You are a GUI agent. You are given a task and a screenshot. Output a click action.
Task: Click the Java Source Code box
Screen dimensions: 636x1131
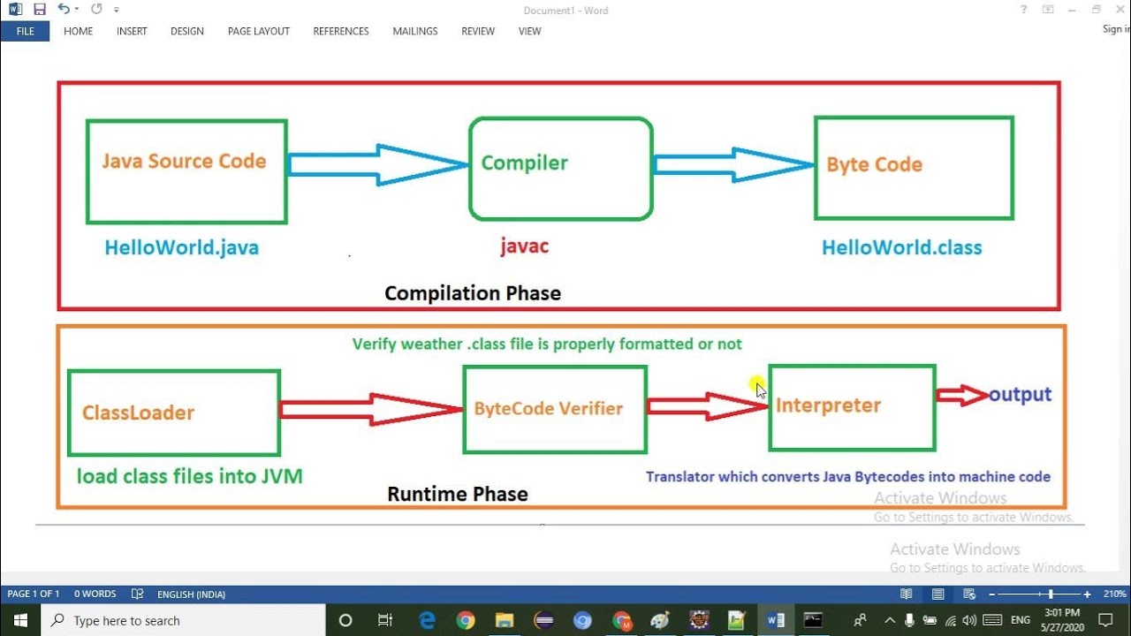point(186,171)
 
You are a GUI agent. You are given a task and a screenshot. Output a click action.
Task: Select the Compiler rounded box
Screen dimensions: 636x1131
point(560,169)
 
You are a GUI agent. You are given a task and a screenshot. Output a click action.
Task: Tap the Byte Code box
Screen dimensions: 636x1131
point(914,168)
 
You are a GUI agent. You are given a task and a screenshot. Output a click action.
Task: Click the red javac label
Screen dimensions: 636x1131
point(524,246)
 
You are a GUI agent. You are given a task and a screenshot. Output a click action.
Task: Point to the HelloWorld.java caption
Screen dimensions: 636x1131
point(181,248)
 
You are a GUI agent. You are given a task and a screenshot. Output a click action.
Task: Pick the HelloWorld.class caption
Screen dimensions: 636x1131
point(901,248)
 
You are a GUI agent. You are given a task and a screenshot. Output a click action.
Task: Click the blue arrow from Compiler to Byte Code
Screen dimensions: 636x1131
point(732,165)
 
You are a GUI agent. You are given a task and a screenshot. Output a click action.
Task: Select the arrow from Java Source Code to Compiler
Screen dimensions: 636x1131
point(377,164)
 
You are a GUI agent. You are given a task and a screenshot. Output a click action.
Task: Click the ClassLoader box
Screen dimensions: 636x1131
point(174,413)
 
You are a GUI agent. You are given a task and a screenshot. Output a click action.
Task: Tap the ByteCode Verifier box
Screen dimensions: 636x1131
point(554,409)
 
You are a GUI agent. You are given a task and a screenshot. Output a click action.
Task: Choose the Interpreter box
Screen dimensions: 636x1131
point(852,407)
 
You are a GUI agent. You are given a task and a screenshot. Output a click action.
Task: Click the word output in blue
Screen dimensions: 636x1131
point(1020,395)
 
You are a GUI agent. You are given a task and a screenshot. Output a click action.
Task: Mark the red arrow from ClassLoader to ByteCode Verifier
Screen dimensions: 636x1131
point(370,409)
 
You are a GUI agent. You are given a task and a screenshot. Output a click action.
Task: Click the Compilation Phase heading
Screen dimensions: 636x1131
point(473,293)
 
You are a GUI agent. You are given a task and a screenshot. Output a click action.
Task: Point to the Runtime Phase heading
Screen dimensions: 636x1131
point(458,495)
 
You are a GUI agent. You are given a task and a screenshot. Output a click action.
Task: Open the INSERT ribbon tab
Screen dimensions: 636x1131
point(132,31)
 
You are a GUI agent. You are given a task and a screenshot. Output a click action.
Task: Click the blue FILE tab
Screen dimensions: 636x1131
point(25,31)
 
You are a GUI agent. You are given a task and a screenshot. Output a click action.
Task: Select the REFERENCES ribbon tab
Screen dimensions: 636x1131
point(341,31)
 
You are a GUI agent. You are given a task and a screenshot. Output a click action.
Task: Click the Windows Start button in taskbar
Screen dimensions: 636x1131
point(19,620)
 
